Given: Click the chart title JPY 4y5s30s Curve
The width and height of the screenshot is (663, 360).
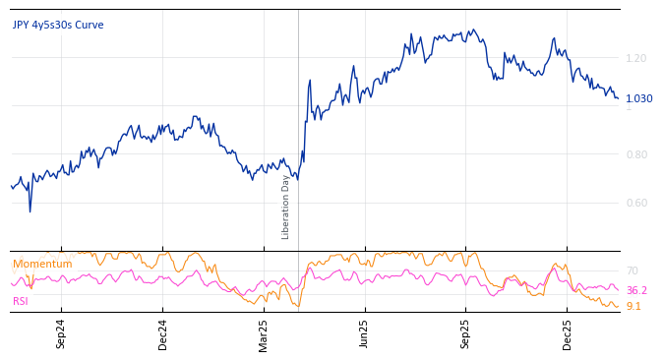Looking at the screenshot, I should click(58, 26).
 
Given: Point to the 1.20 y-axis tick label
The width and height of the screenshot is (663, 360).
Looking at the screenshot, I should click(636, 59).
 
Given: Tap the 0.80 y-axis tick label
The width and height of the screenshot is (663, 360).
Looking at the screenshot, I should click(636, 154).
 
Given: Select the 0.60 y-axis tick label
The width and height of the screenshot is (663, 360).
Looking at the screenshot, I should click(636, 204).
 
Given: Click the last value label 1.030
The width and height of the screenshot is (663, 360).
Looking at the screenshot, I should click(638, 98).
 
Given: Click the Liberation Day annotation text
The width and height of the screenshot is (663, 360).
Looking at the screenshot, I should click(286, 207).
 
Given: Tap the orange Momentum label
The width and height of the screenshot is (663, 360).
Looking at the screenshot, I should click(42, 265).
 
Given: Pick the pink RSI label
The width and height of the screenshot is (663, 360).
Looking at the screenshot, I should click(21, 301).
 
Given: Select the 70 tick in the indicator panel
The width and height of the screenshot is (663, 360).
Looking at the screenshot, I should click(632, 270).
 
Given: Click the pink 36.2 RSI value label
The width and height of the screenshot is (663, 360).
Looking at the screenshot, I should click(636, 290).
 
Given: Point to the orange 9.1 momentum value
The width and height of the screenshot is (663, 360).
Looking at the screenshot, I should click(633, 306).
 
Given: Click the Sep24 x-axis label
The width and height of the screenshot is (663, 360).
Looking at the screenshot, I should click(61, 334).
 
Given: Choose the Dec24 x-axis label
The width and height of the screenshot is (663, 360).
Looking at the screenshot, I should click(163, 334).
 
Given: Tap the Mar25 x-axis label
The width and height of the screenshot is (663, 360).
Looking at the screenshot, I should click(264, 334).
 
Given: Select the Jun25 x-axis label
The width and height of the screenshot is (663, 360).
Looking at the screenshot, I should click(364, 334).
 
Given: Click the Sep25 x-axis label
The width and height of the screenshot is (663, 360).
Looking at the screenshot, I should click(465, 334).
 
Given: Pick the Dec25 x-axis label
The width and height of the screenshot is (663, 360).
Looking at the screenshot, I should click(567, 334).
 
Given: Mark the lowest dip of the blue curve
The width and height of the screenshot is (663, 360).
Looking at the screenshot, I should click(30, 211).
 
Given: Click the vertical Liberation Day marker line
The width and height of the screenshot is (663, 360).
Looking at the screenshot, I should click(298, 118).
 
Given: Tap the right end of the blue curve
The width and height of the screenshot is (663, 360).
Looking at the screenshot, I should click(618, 97).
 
